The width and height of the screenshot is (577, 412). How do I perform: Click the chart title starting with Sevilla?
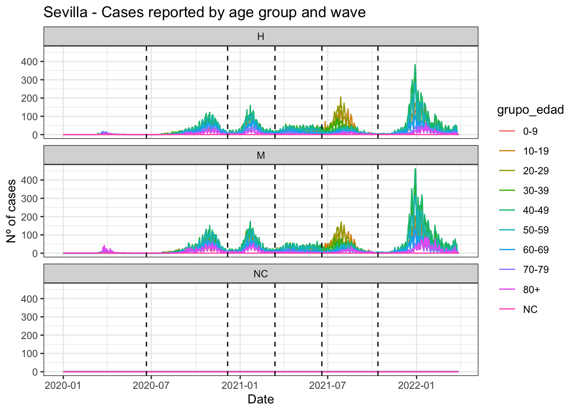[204, 12]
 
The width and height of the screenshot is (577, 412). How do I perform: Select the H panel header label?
[261, 36]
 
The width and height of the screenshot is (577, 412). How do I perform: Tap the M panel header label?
[261, 155]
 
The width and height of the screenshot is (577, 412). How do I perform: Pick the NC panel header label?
[261, 274]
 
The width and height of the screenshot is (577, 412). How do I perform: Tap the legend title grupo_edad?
[530, 110]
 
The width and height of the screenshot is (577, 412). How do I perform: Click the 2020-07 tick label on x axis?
[151, 385]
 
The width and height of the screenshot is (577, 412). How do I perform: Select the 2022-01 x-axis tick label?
[416, 385]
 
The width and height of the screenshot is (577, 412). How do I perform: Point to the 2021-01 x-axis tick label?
[240, 385]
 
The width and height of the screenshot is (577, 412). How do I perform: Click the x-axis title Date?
[261, 400]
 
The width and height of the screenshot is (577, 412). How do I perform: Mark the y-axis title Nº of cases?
[12, 211]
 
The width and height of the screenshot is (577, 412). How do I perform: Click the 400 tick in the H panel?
[32, 62]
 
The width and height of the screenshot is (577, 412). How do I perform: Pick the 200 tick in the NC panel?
[32, 336]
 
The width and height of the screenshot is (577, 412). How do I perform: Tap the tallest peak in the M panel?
[415, 169]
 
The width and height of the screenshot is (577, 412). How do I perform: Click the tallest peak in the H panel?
[415, 65]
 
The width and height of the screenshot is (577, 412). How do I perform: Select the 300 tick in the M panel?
[32, 199]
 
